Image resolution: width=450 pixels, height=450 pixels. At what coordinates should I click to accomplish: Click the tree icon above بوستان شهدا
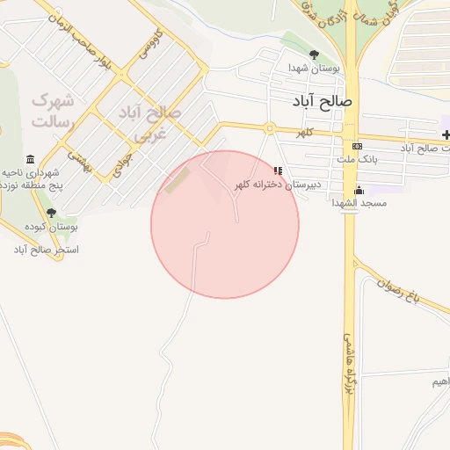pyautogui.click(x=315, y=55)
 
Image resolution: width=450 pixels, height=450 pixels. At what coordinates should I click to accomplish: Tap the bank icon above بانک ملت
pyautogui.click(x=356, y=146)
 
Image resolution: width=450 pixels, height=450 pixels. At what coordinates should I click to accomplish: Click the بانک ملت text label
pyautogui.click(x=357, y=159)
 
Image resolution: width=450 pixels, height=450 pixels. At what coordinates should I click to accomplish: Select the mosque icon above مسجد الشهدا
pyautogui.click(x=358, y=191)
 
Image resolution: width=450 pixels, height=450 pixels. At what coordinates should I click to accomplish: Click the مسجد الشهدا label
pyautogui.click(x=357, y=203)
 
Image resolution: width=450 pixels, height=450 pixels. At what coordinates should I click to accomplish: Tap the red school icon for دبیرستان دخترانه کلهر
pyautogui.click(x=278, y=171)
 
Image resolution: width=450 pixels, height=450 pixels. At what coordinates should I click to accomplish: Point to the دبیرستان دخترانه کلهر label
pyautogui.click(x=278, y=185)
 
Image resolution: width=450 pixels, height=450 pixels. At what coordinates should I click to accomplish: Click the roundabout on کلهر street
pyautogui.click(x=269, y=130)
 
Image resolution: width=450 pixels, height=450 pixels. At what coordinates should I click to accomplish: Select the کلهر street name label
pyautogui.click(x=305, y=132)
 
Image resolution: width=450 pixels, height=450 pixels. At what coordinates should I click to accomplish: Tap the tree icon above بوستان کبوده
pyautogui.click(x=51, y=213)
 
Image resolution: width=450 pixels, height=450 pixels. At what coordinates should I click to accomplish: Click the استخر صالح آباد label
pyautogui.click(x=46, y=250)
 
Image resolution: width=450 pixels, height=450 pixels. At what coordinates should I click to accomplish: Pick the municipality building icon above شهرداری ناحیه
pyautogui.click(x=31, y=159)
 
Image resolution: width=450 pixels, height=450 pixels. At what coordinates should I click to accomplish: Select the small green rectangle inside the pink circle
pyautogui.click(x=178, y=180)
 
